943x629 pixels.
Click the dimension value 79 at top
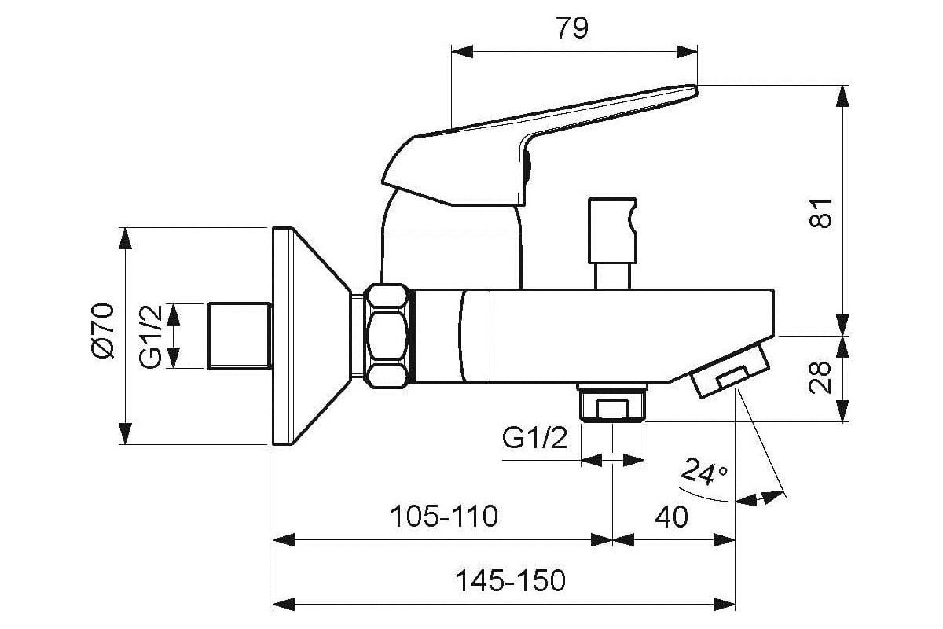click(x=572, y=28)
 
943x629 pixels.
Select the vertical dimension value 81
click(x=820, y=211)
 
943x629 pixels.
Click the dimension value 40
click(x=673, y=517)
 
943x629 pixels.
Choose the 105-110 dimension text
click(x=445, y=517)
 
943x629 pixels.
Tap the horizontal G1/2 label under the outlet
click(x=535, y=439)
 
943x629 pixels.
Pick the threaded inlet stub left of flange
click(x=239, y=336)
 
